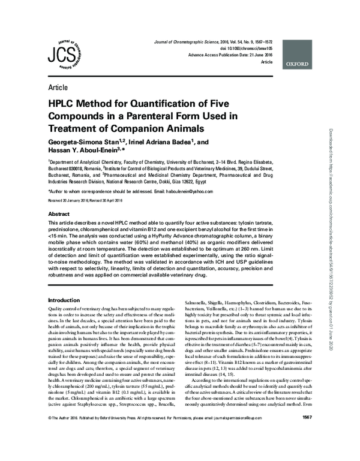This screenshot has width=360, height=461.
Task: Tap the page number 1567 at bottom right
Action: [x=306, y=450]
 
